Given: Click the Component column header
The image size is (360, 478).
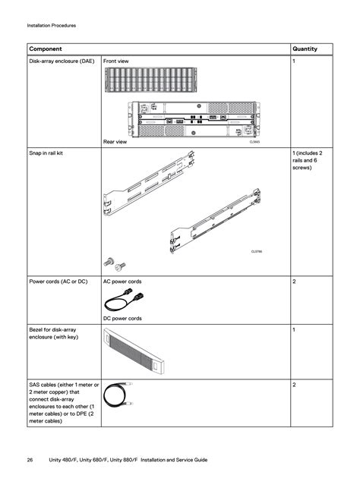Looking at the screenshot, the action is pos(46,49).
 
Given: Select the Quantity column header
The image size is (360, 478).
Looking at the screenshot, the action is pos(305,49).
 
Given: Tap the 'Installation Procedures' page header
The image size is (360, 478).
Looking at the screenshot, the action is pos(51,26).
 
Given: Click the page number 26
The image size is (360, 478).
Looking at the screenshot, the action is pos(30,460).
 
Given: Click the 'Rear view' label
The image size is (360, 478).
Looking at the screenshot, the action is pos(115,140).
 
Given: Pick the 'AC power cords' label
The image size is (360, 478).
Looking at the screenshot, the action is pos(122,281).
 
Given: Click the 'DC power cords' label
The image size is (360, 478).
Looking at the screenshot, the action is pos(122,319).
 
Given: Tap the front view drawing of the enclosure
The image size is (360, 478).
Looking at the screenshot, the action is pos(150,83).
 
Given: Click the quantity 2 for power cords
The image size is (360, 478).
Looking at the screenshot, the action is pos(294,281).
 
